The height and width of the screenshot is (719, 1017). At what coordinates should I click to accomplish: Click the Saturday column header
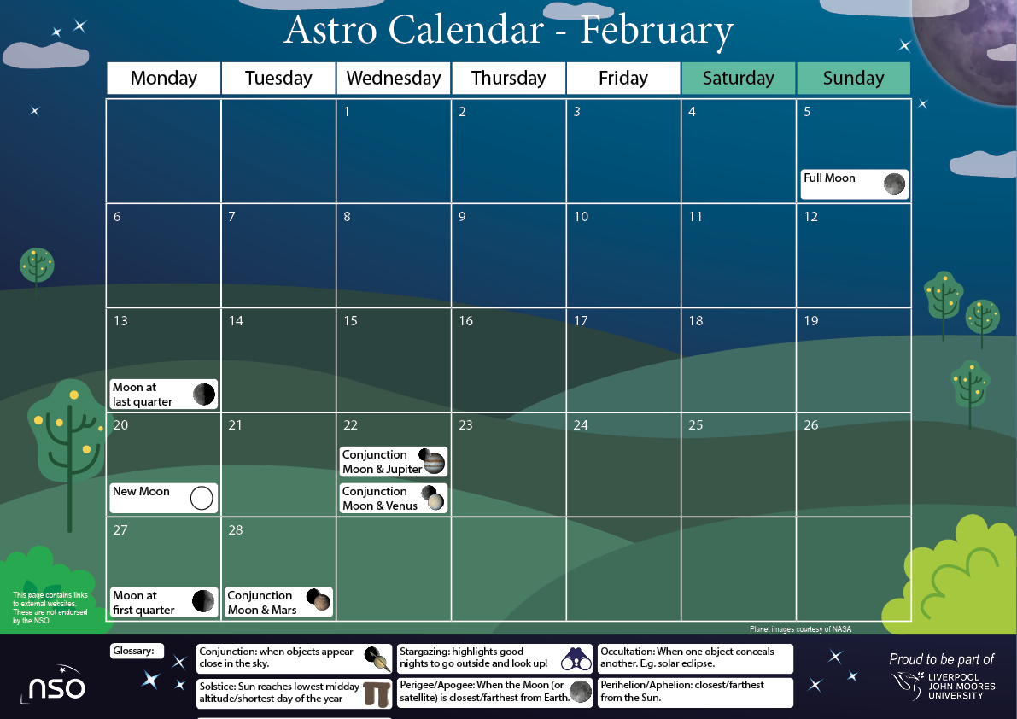pos(738,79)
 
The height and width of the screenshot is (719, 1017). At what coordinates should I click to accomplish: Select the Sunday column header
pos(853,79)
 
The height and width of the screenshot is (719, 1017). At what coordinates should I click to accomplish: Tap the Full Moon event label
pos(829,178)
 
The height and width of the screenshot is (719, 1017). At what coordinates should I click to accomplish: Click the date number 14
pos(236,321)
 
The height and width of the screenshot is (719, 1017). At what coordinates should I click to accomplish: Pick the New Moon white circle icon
pos(202,498)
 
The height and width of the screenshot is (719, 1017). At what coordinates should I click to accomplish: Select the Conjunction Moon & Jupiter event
pos(394,462)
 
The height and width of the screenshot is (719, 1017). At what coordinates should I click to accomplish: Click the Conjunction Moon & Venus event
pos(394,499)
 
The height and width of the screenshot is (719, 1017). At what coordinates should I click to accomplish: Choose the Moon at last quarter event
pos(163,395)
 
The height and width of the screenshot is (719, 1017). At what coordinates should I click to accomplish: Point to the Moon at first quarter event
pos(163,603)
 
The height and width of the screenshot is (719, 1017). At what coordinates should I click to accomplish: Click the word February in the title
pos(657,31)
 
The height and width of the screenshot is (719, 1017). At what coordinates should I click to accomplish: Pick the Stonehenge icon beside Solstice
pos(377,693)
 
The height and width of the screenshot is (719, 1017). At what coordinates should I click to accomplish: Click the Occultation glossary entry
pos(695,658)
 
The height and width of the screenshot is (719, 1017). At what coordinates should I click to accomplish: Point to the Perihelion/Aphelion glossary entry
pos(695,692)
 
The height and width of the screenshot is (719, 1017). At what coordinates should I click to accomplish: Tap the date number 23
pos(465,425)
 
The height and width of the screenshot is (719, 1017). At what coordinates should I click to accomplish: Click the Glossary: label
pos(137,652)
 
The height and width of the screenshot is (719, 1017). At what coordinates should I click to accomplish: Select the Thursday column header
pos(508,79)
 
